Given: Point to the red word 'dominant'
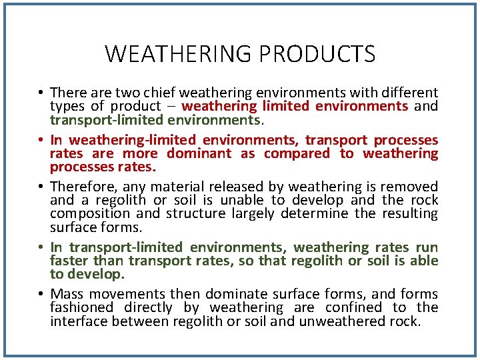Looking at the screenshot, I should tap(199, 153).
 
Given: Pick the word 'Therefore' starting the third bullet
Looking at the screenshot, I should tap(76, 187).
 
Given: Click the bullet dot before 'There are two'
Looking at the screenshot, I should tap(41, 93).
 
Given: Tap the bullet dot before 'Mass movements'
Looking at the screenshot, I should tap(41, 295).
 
